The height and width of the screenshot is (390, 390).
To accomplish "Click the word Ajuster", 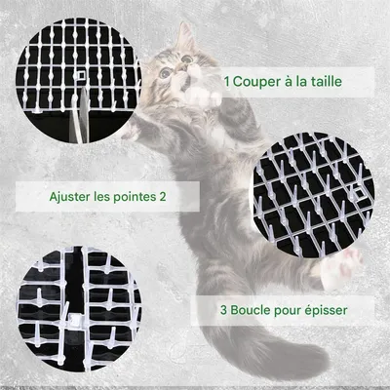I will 74,196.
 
